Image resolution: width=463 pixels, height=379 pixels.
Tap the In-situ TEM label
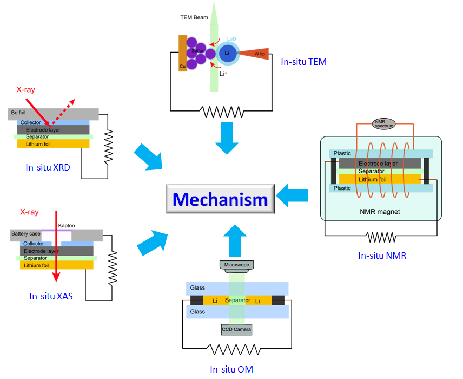coord(303,62)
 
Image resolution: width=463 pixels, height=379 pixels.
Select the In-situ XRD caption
coord(48,167)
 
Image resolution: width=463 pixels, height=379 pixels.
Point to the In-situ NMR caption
coord(382,255)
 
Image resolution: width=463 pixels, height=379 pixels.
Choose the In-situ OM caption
coord(231,369)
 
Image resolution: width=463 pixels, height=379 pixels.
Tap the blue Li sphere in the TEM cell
coord(227,53)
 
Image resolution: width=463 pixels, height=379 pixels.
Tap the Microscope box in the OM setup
coord(236,265)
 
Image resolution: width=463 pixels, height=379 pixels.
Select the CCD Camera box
coord(236,329)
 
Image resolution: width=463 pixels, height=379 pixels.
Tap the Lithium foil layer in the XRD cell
coord(53,143)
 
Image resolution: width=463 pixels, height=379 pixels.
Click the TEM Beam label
coord(193,17)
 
